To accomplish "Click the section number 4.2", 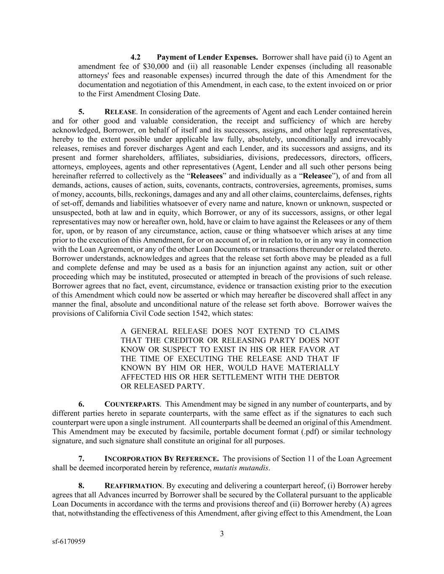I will tap(135, 57).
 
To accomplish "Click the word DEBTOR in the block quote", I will tap(324, 377).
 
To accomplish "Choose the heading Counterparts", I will tap(132, 405).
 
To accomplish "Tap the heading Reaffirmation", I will tap(133, 486).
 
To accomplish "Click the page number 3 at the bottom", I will tap(222, 534).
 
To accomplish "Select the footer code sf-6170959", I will tap(69, 542).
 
